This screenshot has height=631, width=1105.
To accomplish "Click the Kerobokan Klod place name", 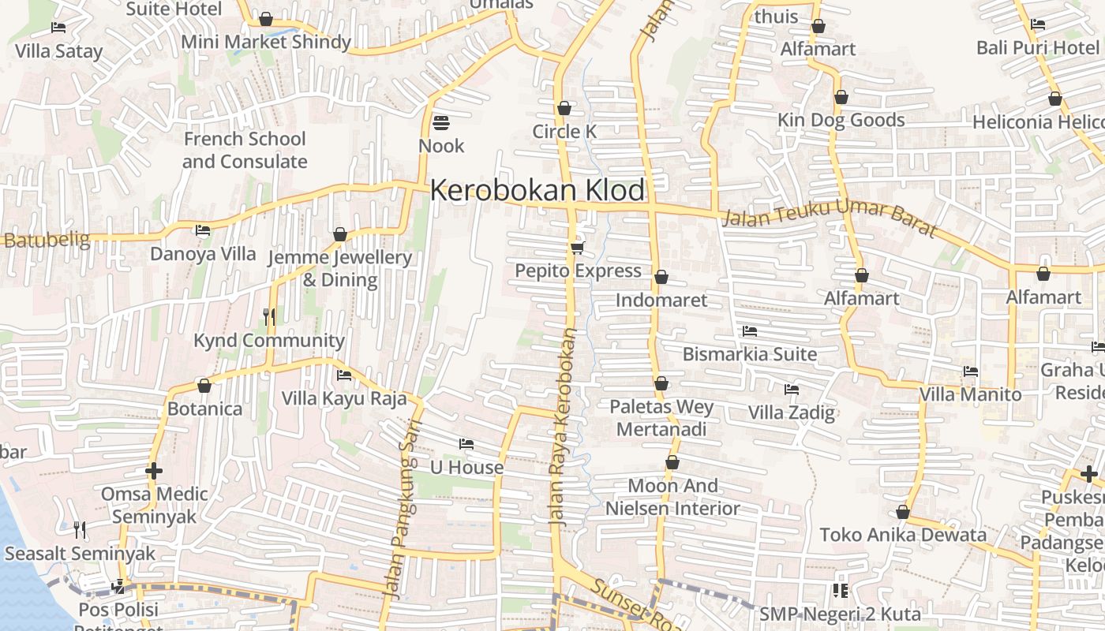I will pyautogui.click(x=538, y=191).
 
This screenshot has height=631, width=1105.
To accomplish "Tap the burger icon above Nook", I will pyautogui.click(x=441, y=123).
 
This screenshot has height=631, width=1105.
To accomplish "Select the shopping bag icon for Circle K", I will pyautogui.click(x=564, y=108).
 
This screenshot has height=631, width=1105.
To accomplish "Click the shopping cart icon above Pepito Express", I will pyautogui.click(x=578, y=248).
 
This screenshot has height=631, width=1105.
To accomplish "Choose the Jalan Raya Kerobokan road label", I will pyautogui.click(x=563, y=426).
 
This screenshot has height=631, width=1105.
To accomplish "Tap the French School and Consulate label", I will pyautogui.click(x=245, y=150).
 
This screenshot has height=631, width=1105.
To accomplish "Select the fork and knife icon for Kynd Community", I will pyautogui.click(x=269, y=317).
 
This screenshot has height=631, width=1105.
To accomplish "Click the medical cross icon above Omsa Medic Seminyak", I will pyautogui.click(x=154, y=472).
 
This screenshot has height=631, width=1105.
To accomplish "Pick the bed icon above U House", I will pyautogui.click(x=466, y=444).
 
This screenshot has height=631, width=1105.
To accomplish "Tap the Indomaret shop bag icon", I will pyautogui.click(x=661, y=277).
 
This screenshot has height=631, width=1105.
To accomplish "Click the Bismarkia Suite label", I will pyautogui.click(x=749, y=354).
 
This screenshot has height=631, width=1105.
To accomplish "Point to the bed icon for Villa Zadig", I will pyautogui.click(x=792, y=390).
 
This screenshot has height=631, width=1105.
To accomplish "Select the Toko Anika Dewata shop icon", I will pyautogui.click(x=903, y=513).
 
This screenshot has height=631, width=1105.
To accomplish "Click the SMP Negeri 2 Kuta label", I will pyautogui.click(x=840, y=614).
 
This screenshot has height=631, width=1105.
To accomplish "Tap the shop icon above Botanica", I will pyautogui.click(x=204, y=386).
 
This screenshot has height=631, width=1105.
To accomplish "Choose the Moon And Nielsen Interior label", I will pyautogui.click(x=672, y=497).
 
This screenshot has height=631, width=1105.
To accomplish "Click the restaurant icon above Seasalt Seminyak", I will pyautogui.click(x=80, y=529).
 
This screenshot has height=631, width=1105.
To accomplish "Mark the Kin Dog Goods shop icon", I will pyautogui.click(x=841, y=97).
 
